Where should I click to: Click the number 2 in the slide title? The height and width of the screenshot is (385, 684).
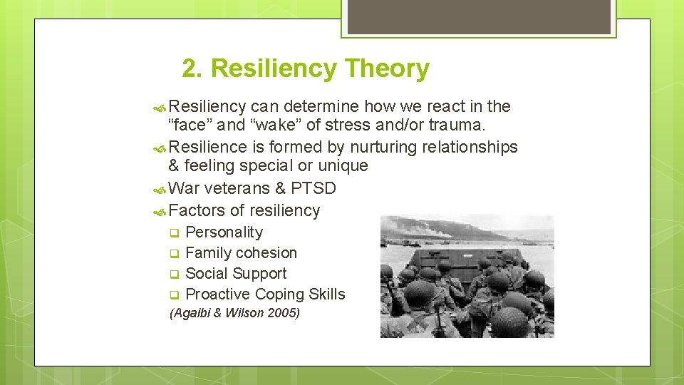(x=190, y=69)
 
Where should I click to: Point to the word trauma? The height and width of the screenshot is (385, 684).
(x=457, y=126)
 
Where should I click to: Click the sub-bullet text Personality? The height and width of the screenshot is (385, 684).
(x=224, y=232)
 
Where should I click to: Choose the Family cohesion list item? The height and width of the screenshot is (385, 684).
(x=241, y=253)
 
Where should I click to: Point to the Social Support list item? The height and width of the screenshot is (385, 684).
(x=236, y=274)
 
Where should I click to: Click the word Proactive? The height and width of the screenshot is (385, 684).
(x=217, y=294)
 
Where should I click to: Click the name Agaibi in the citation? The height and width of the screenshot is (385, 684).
(x=192, y=313)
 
